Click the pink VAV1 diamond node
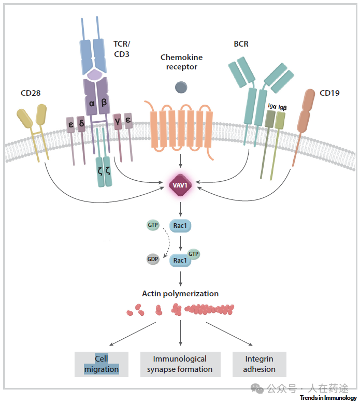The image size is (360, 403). (180, 185)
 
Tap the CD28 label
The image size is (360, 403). (31, 93)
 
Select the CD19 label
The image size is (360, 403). (329, 93)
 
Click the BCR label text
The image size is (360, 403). (241, 44)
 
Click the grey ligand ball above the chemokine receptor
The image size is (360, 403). (181, 88)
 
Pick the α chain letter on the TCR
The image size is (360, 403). (92, 103)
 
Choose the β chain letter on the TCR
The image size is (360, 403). (104, 103)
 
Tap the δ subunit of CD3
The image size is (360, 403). (81, 124)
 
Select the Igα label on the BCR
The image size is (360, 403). (271, 106)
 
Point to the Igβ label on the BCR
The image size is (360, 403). (282, 107)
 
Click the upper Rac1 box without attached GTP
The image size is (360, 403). (180, 226)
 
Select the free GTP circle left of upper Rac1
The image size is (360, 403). (153, 225)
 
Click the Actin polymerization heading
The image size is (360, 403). (180, 294)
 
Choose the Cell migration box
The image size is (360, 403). (102, 364)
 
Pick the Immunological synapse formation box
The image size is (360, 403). (180, 364)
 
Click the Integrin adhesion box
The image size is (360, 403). (259, 364)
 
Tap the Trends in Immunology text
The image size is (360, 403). (328, 398)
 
